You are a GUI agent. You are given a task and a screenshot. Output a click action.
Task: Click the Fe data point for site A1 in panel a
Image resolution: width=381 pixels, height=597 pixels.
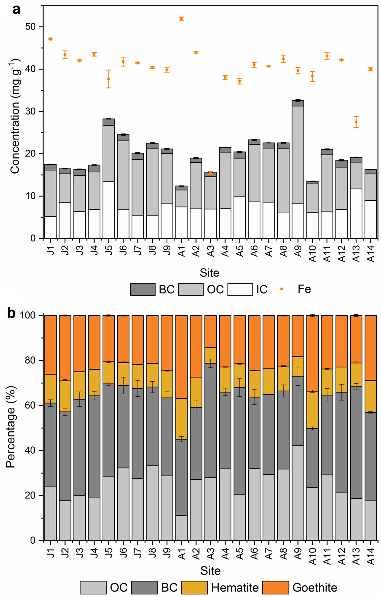[181, 19]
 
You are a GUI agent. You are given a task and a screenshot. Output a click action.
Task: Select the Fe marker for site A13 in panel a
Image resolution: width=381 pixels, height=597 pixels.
[356, 122]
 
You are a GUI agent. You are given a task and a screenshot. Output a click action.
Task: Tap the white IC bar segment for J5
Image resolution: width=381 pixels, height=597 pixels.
[109, 210]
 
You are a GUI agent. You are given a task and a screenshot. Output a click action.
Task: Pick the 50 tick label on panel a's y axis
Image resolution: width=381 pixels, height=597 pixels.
[30, 27]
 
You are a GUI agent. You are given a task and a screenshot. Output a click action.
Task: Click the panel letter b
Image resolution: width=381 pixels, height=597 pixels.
[11, 313]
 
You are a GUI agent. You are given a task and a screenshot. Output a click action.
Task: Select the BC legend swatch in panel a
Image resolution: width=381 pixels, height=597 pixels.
[143, 289]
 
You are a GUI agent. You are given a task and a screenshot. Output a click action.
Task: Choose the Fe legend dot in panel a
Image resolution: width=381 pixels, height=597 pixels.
[282, 289]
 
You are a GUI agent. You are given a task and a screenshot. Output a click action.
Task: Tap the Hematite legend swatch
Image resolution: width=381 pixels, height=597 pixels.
[194, 587]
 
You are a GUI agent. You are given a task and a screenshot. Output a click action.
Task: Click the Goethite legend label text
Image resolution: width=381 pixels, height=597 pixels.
[315, 588]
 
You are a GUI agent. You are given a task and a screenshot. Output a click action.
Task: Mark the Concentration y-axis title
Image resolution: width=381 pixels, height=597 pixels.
[15, 116]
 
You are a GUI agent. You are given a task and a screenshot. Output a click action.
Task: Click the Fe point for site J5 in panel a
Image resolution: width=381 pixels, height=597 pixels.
[109, 79]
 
